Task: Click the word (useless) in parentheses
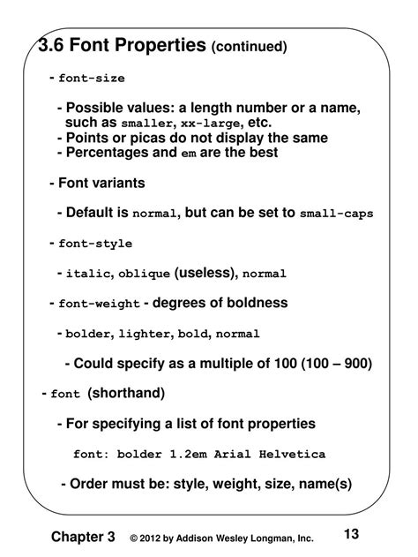[205, 273]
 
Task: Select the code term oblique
[144, 275]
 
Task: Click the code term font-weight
[99, 305]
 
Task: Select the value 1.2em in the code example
[200, 454]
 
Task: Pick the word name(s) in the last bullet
[325, 483]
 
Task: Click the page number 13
[352, 533]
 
